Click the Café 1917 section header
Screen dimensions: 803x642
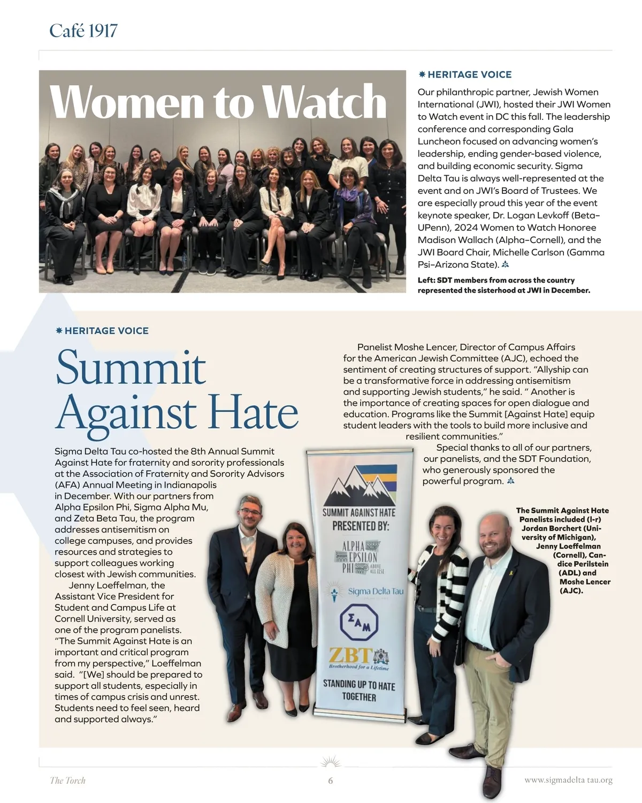point(83,31)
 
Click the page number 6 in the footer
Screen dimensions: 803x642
point(331,781)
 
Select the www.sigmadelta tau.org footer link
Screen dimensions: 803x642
point(568,780)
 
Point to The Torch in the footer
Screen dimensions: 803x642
point(67,781)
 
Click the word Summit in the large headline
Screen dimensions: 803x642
point(131,368)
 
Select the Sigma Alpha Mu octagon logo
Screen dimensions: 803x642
point(359,622)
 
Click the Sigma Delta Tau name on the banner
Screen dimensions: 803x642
point(375,592)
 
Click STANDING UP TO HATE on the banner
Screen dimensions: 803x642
point(359,691)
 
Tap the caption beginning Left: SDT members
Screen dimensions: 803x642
point(503,285)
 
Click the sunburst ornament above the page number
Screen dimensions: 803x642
point(331,761)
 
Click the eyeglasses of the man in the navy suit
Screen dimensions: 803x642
point(250,511)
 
